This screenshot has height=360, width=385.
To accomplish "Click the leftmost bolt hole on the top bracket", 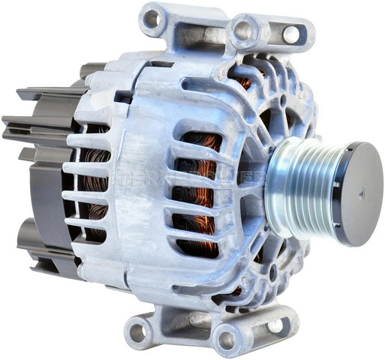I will pos(152,18).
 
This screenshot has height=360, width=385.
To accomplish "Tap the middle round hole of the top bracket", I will pos(243,31).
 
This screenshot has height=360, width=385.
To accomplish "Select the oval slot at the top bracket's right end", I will pos(290,34).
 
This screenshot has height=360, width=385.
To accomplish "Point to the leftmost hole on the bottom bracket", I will pos(138,329).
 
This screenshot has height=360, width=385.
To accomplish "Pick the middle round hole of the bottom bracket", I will pos(227,339).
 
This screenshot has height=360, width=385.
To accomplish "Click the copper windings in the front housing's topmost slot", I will pos(201,142).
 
